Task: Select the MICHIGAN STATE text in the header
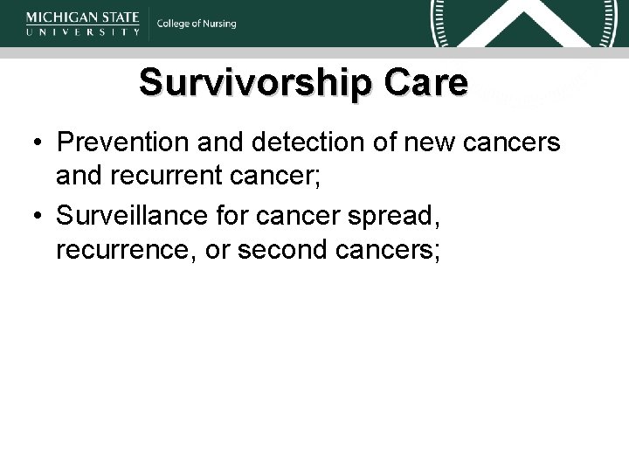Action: tap(84, 16)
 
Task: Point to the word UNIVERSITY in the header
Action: tap(84, 31)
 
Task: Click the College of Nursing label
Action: tap(197, 24)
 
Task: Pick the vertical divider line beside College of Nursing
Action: tap(148, 24)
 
